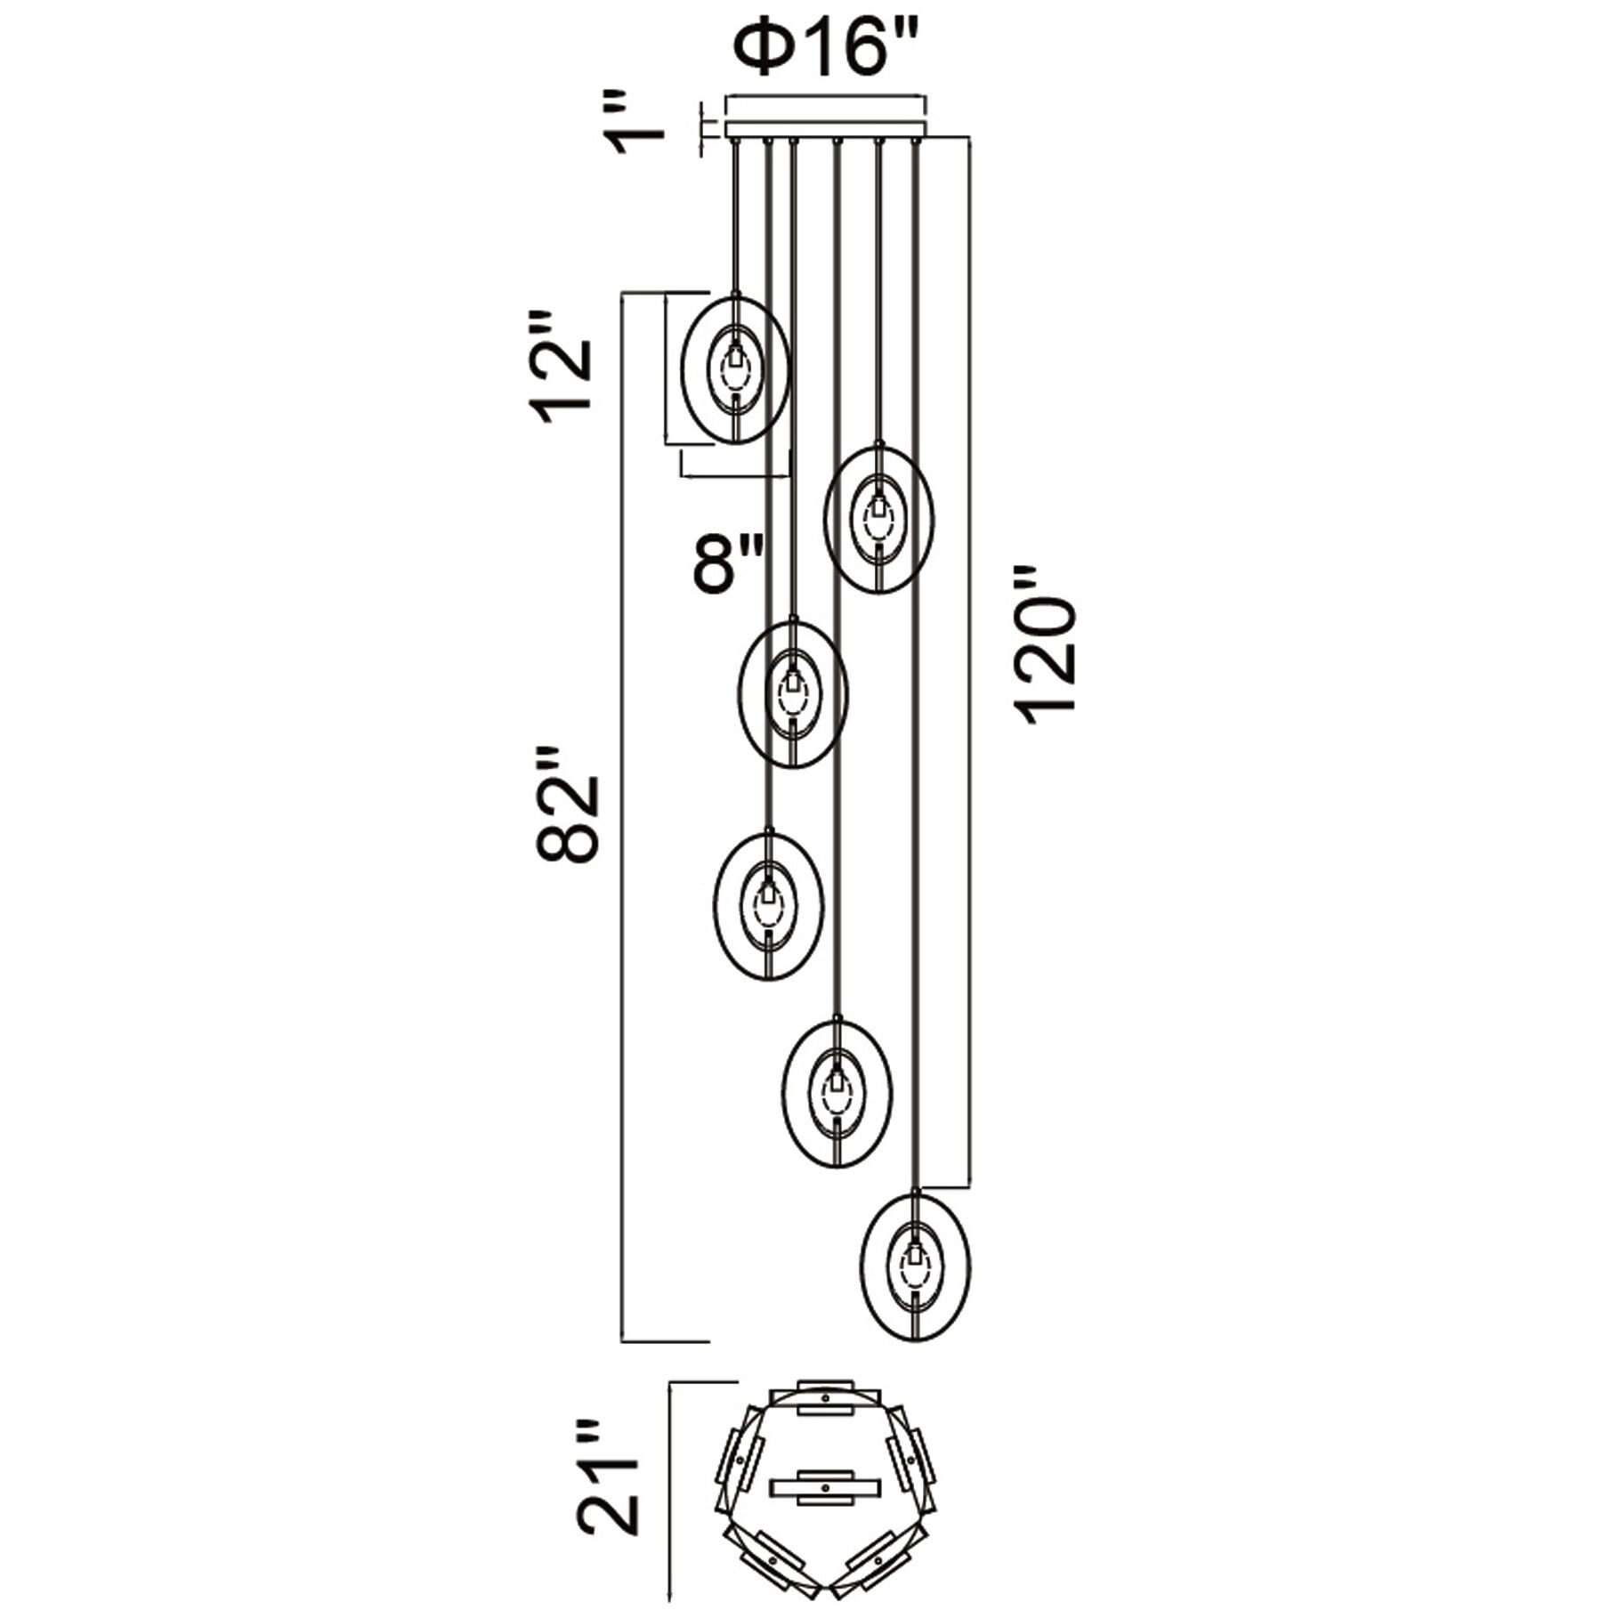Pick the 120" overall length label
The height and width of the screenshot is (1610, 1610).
1047,645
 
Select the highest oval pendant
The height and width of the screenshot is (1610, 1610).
735,368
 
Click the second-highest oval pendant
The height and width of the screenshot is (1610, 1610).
879,519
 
